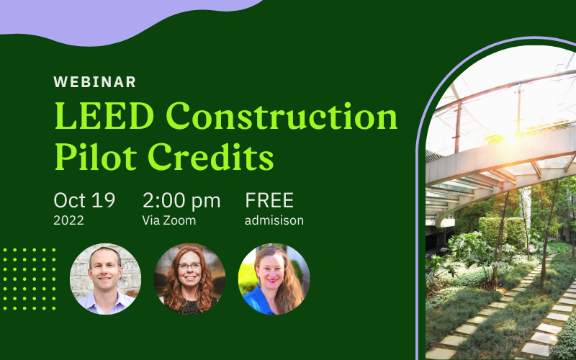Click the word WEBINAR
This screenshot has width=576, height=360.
(95, 82)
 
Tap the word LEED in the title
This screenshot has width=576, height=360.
(104, 116)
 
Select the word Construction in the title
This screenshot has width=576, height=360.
(282, 116)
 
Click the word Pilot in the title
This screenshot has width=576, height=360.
(96, 157)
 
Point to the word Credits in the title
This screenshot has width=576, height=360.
(211, 157)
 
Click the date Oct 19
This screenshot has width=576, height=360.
(84, 201)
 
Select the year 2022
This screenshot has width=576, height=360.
(68, 220)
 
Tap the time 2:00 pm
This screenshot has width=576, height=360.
(181, 202)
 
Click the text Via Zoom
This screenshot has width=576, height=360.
(169, 220)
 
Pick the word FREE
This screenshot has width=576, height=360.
(269, 201)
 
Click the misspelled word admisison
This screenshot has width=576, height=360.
(274, 220)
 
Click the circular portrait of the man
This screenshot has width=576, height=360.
(105, 279)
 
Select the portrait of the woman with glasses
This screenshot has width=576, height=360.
(189, 279)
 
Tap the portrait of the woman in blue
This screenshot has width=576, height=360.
(274, 279)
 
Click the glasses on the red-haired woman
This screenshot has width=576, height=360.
(189, 266)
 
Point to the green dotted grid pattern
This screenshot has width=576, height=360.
(29, 279)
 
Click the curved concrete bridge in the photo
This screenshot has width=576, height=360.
(500, 166)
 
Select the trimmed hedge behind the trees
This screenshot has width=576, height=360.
(503, 231)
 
